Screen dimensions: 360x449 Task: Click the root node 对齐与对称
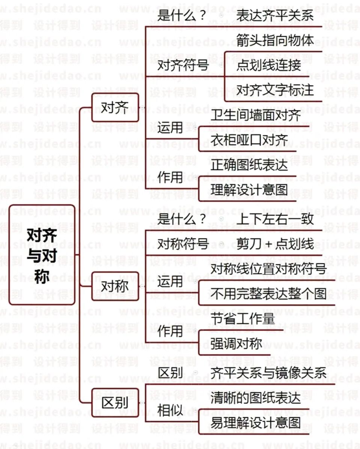(42, 255)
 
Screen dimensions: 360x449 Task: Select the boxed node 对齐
(115, 108)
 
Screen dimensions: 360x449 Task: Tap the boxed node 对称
(115, 286)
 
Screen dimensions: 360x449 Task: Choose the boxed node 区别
(115, 403)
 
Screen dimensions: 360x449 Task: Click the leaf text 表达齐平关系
(275, 16)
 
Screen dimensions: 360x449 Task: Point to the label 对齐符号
(183, 65)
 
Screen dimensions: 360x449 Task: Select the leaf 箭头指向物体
(275, 40)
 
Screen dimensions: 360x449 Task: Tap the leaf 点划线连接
(269, 65)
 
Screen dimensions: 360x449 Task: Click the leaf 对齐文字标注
(275, 90)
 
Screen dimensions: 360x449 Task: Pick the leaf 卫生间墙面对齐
(255, 115)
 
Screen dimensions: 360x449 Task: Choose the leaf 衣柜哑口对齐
(249, 140)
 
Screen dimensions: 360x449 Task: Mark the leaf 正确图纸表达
(249, 165)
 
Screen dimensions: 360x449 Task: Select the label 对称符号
(183, 244)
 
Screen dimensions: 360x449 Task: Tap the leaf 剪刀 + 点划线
(275, 244)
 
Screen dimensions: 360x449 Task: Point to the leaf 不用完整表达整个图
(268, 294)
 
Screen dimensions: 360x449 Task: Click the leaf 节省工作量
(243, 319)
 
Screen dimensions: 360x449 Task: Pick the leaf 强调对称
(236, 344)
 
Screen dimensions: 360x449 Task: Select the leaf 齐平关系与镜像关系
(268, 373)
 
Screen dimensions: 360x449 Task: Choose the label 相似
(170, 411)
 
